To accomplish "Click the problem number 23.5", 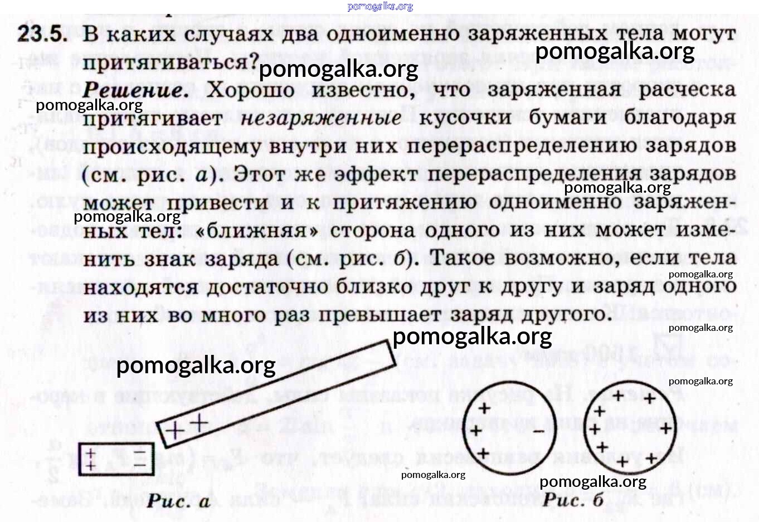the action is pyautogui.click(x=42, y=34).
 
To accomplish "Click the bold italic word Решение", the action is pyautogui.click(x=135, y=90).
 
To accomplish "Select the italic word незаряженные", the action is pyautogui.click(x=321, y=119).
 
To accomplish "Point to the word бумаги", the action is pyautogui.click(x=567, y=119).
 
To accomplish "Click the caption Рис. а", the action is pyautogui.click(x=178, y=501).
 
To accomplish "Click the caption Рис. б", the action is pyautogui.click(x=573, y=500).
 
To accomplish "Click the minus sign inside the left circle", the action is pyautogui.click(x=538, y=431).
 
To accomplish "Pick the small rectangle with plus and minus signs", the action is pyautogui.click(x=116, y=459).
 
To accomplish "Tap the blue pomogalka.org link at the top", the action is pyautogui.click(x=380, y=7).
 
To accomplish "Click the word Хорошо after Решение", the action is pyautogui.click(x=250, y=90).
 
